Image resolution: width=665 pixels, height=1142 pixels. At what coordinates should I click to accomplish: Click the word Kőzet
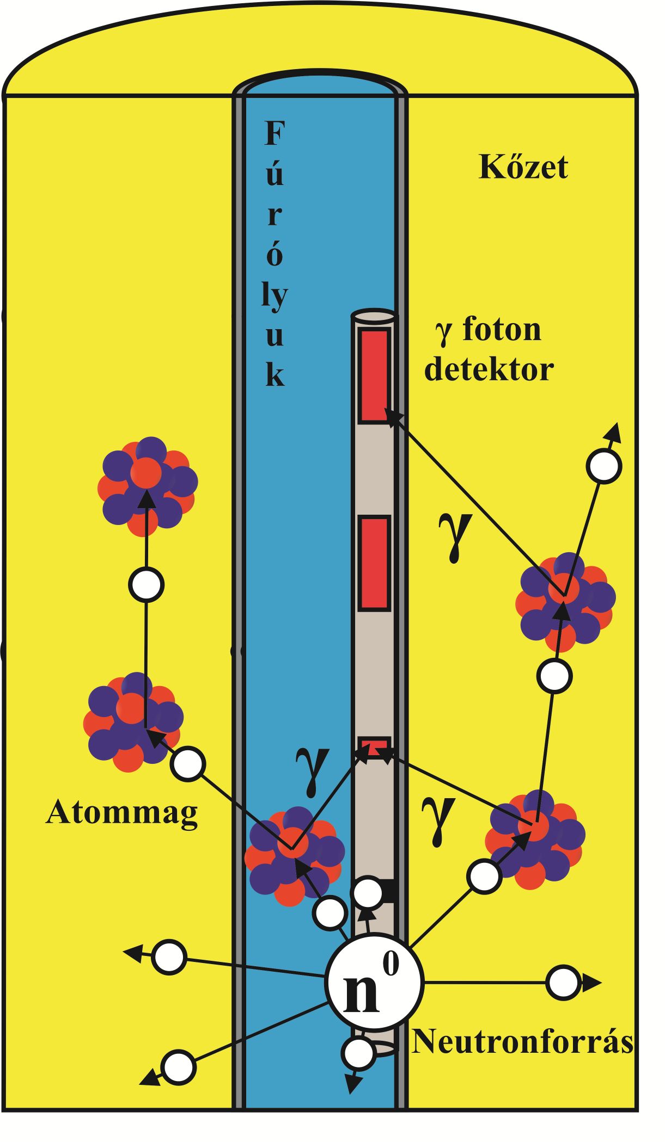[523, 167]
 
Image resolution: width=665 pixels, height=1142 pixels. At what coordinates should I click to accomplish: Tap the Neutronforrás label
[522, 1041]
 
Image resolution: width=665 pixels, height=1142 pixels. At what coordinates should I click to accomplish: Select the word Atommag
[122, 814]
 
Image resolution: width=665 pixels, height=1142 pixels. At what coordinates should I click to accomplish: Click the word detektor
[489, 369]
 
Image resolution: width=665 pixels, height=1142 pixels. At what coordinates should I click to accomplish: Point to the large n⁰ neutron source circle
[374, 983]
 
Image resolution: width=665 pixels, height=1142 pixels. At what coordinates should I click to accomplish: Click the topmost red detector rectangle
[374, 375]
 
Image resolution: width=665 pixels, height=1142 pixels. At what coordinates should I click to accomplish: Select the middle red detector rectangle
[374, 562]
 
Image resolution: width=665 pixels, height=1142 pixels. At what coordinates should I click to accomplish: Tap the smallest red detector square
[374, 745]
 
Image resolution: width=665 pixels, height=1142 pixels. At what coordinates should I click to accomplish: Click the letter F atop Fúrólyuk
[274, 134]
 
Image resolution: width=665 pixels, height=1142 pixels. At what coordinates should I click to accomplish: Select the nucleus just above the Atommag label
[133, 721]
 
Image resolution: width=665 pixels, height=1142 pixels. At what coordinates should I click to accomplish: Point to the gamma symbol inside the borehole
[312, 769]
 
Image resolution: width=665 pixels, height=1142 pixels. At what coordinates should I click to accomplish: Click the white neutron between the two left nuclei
[147, 584]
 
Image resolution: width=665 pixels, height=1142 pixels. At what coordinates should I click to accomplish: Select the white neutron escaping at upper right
[604, 466]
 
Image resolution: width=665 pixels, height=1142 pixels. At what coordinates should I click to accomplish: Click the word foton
[502, 330]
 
